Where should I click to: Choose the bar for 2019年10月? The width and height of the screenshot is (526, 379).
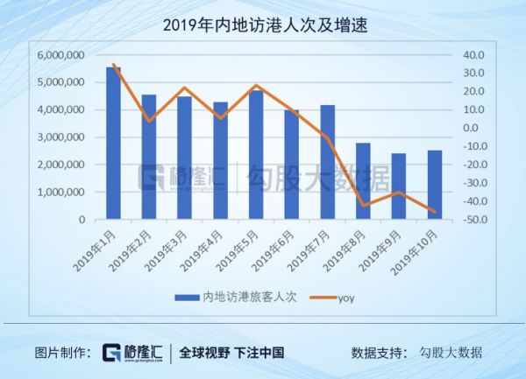[x=434, y=185]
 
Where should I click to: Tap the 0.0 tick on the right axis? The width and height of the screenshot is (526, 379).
[x=473, y=128]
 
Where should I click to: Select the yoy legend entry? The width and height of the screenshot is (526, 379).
[x=345, y=297]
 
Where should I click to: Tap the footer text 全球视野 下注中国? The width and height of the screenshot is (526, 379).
[x=231, y=353]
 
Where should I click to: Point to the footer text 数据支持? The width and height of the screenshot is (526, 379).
[x=378, y=353]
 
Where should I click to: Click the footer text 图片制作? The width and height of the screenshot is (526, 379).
[x=63, y=353]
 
